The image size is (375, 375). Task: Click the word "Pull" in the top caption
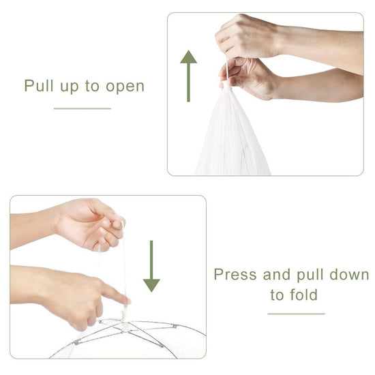point(39,85)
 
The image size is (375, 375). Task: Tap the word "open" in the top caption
point(125,87)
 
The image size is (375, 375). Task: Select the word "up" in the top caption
point(69,87)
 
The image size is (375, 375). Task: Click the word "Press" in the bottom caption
point(235,274)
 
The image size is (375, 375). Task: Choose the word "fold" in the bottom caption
point(303,295)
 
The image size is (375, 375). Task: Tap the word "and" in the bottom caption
point(277,274)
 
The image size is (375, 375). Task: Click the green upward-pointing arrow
point(188,76)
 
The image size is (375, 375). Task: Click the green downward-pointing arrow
point(151,266)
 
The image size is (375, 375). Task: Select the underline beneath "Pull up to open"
point(82,108)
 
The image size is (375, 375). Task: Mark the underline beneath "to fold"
point(297,314)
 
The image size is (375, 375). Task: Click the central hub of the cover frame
point(124,325)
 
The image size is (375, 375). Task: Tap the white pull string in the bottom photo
point(124,270)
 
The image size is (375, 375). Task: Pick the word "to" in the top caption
point(92,86)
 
